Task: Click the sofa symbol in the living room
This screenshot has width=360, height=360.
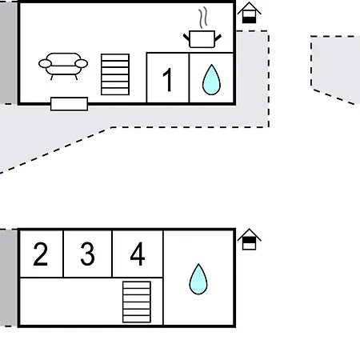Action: pos(63,66)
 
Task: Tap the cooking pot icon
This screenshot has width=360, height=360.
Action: pos(202,39)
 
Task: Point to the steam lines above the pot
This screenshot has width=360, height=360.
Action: pos(203,18)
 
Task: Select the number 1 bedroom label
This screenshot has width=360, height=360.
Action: pos(167,79)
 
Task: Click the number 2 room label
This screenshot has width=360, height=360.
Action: pos(41,254)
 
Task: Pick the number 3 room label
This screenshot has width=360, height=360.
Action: pos(87,254)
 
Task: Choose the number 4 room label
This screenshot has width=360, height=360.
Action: pos(138,254)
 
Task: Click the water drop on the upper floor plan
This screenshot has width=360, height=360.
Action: pos(211,79)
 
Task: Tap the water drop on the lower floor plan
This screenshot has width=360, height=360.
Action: pos(198,279)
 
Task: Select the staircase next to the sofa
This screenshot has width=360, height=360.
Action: pos(115,74)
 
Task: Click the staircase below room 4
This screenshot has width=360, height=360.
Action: pos(137,302)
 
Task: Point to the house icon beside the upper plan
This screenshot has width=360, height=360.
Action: pos(249,13)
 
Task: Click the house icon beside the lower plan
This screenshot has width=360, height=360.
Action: pos(249,239)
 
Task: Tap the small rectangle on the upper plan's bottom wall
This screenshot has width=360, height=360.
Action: pos(69,104)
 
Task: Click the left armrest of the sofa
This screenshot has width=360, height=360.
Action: pos(45,64)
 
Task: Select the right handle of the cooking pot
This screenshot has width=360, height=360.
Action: pos(218,38)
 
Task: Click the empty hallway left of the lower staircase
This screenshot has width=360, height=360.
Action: pos(70,302)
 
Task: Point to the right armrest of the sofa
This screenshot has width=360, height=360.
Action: pos(82,64)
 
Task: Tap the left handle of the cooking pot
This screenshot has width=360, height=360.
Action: pos(186,38)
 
